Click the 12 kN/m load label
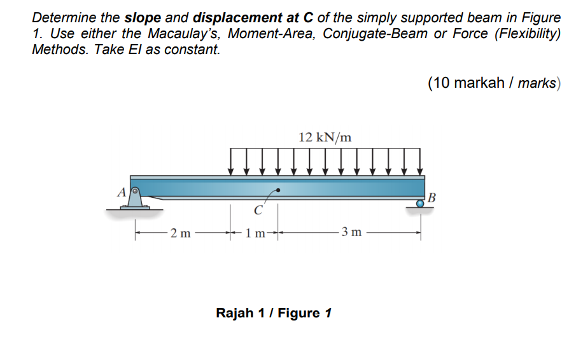[x=325, y=137]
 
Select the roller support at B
[x=420, y=204]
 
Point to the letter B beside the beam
[x=433, y=197]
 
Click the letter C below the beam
[x=257, y=211]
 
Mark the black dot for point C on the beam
[x=277, y=190]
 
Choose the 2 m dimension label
[x=181, y=233]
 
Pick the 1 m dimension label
[x=255, y=233]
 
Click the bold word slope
[x=144, y=18]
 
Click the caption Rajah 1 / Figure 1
[x=274, y=313]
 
